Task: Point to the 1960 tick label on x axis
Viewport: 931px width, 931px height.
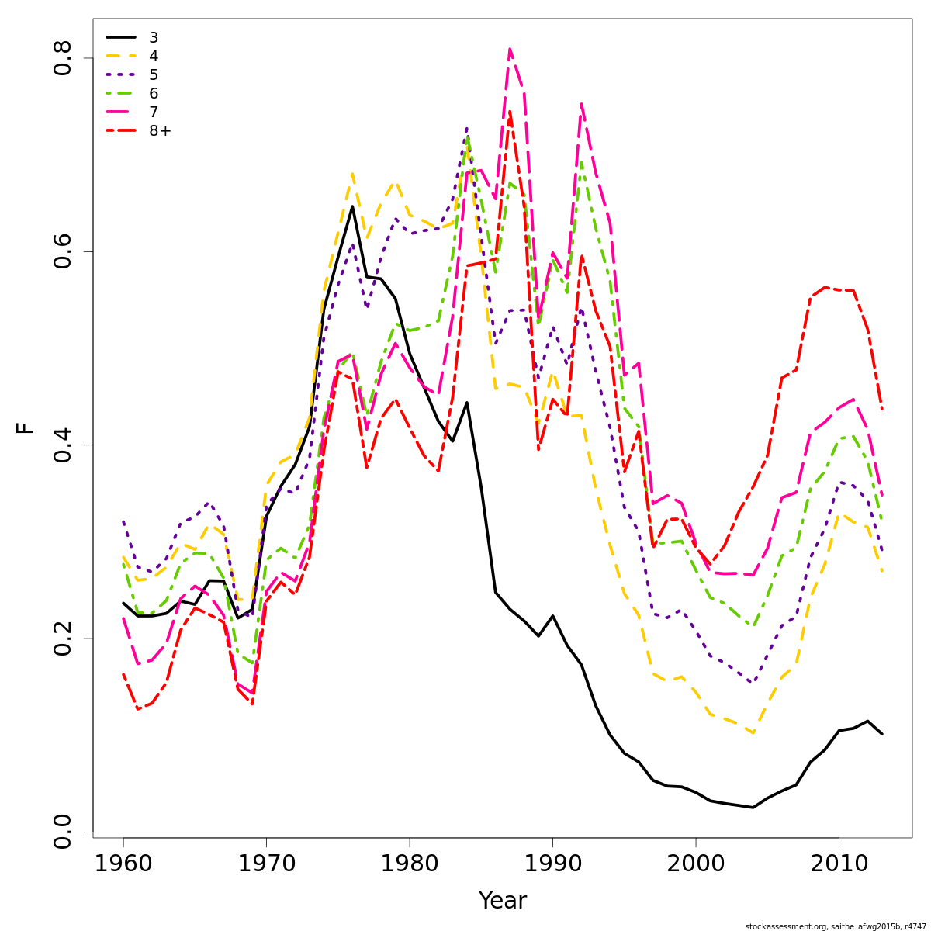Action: coord(123,863)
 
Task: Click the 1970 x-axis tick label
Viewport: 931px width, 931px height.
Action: coord(266,863)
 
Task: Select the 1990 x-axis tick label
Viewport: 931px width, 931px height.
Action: coord(552,863)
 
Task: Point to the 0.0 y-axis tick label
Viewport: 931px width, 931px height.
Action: coord(62,832)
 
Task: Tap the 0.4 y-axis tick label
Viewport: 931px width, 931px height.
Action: coord(62,445)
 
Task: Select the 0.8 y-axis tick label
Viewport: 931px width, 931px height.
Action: coord(62,58)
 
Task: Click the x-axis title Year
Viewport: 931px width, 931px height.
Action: coord(502,901)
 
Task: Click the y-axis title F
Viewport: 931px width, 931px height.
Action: coord(26,427)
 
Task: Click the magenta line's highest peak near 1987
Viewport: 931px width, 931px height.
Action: coord(510,49)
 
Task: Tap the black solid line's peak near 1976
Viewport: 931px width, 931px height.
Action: coord(352,206)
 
